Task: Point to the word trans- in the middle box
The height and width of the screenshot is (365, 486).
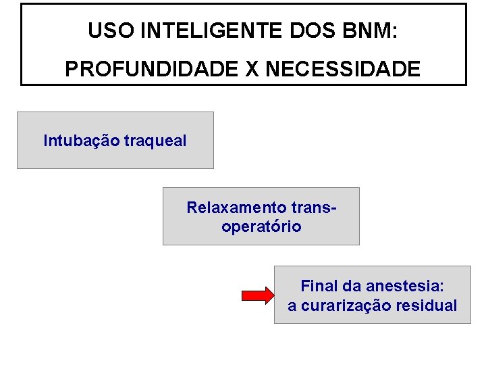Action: (313, 207)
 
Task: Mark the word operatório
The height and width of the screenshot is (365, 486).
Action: (261, 226)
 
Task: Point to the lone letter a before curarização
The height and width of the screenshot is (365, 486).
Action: (292, 306)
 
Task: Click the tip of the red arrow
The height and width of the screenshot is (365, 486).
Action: (272, 295)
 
